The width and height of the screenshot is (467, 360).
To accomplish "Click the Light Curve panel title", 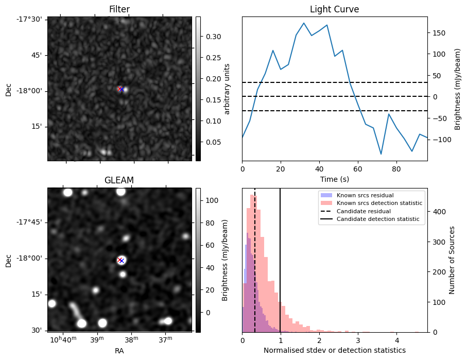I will point(334,9).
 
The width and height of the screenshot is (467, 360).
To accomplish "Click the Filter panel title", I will point(119,9).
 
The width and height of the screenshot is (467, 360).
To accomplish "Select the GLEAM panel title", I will point(119,180).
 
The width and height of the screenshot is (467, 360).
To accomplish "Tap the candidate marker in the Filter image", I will point(121,89).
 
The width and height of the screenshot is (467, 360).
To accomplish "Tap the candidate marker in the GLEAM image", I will point(121,260).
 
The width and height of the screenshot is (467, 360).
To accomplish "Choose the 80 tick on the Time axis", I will point(396,168).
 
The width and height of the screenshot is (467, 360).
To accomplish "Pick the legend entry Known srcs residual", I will point(365,195).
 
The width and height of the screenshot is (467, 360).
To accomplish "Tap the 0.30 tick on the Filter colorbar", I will point(211,37).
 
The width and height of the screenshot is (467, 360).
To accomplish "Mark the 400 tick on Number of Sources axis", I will point(439,212).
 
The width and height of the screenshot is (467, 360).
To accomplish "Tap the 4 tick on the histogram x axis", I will point(396,340).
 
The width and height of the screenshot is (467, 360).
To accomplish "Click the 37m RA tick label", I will point(165,340).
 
